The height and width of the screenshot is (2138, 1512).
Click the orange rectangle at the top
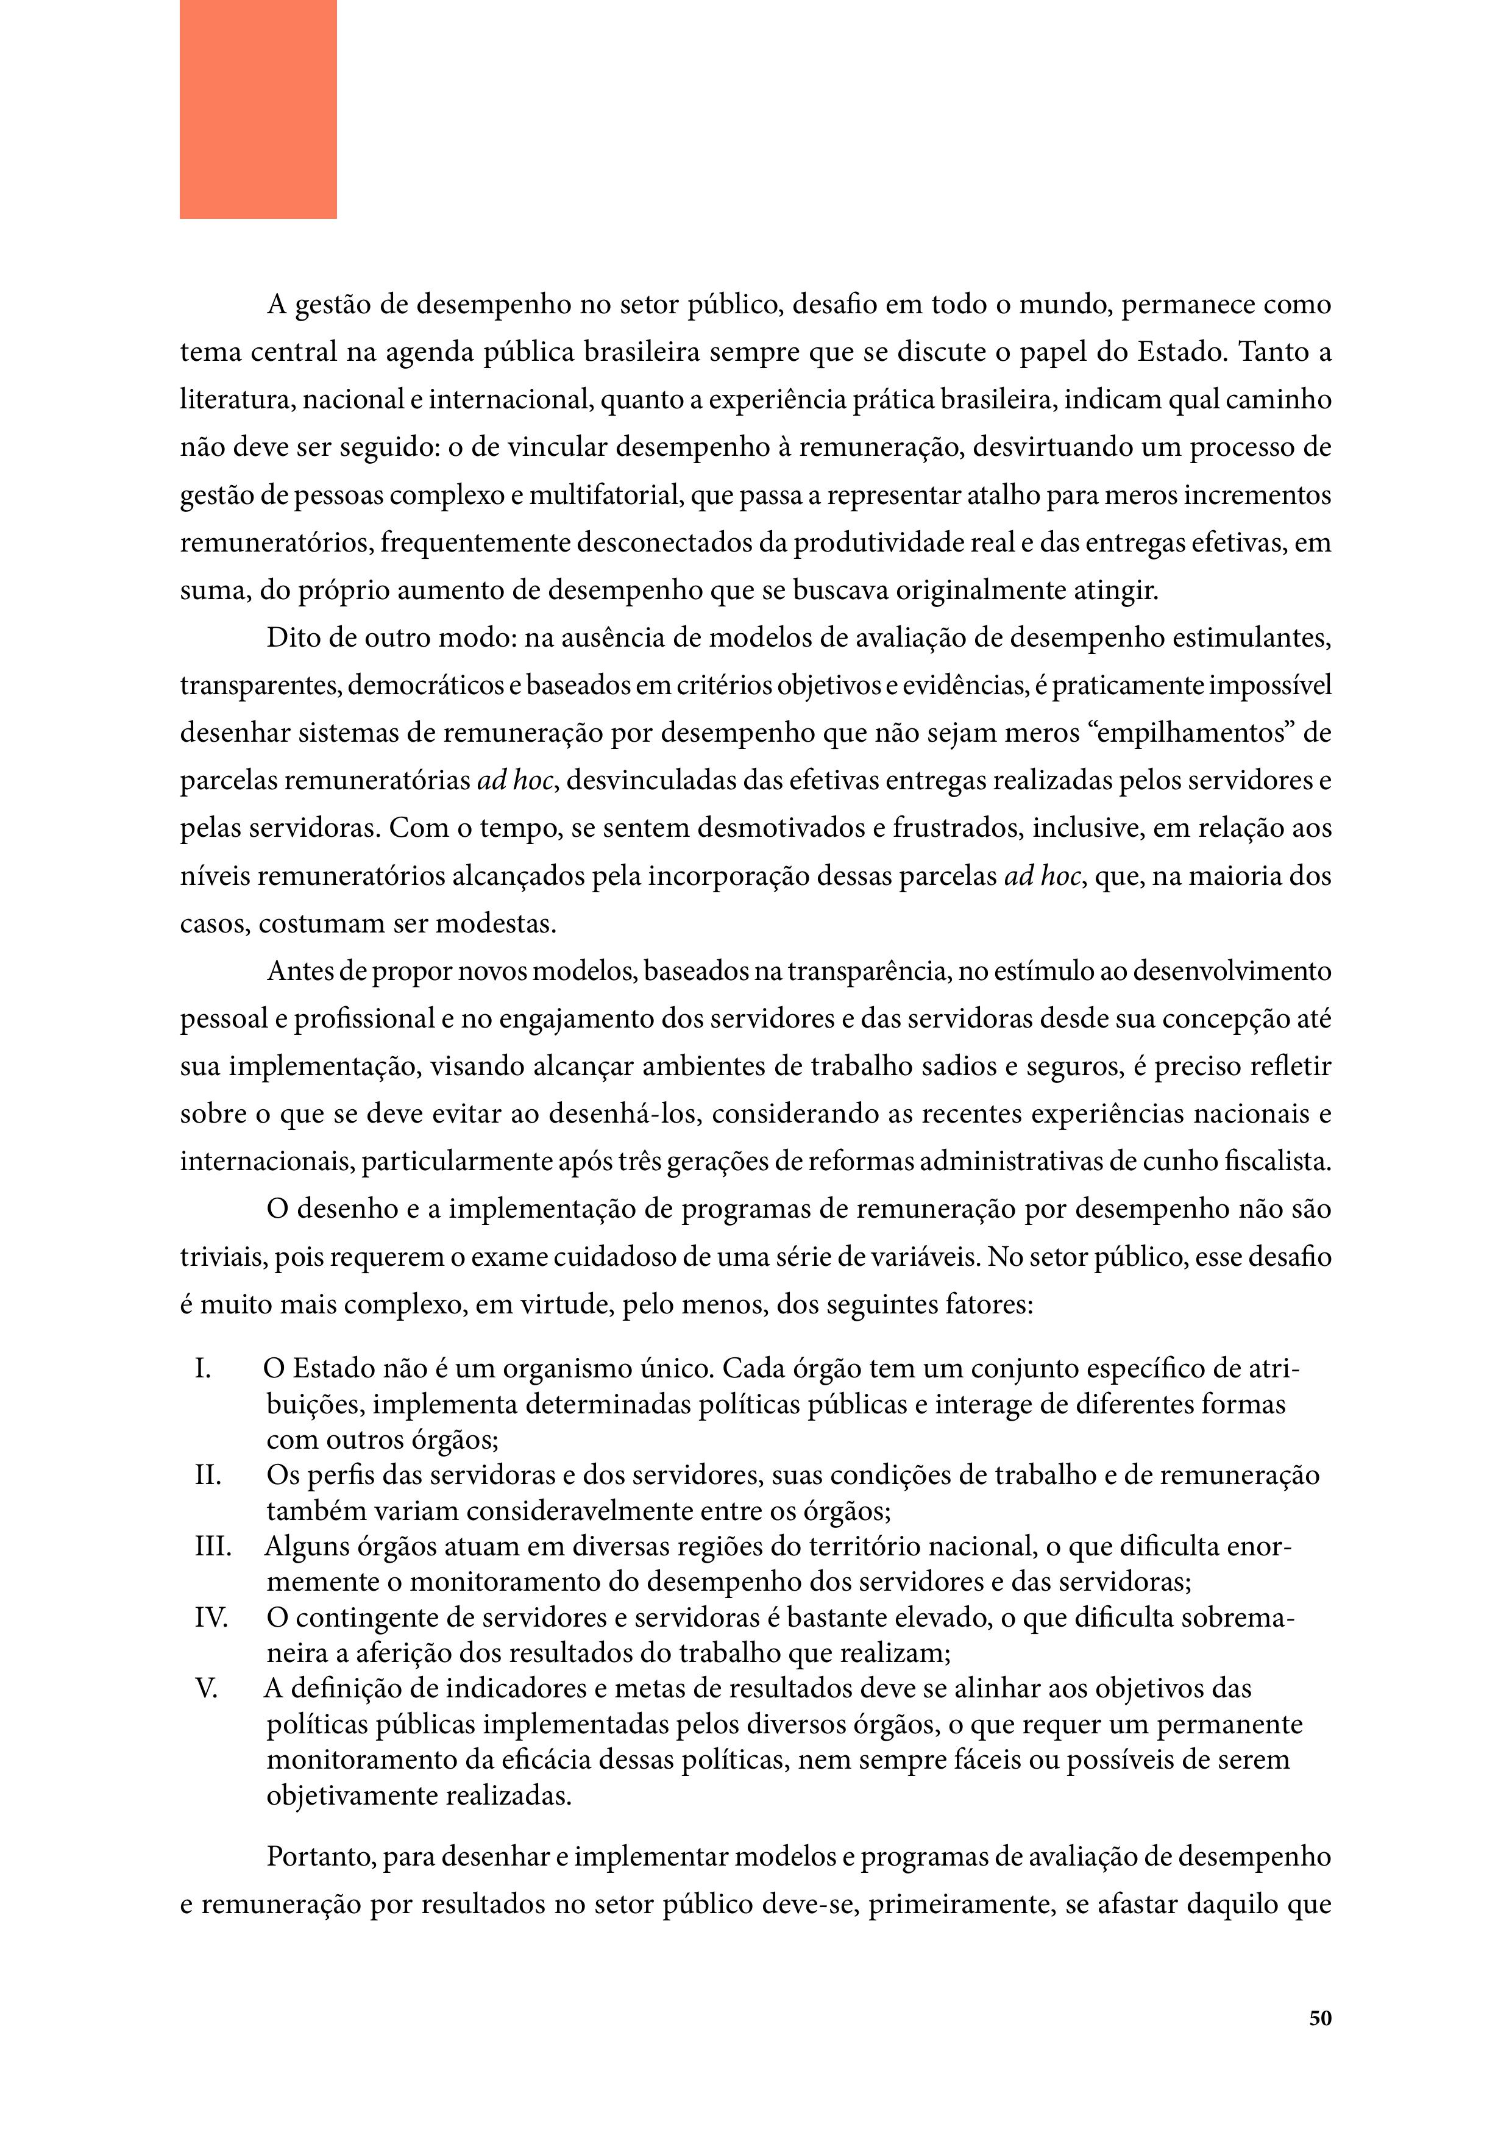pyautogui.click(x=258, y=109)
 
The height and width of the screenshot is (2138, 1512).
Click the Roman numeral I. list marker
pyautogui.click(x=203, y=1369)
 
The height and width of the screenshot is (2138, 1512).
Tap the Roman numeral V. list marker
pyautogui.click(x=206, y=1688)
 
